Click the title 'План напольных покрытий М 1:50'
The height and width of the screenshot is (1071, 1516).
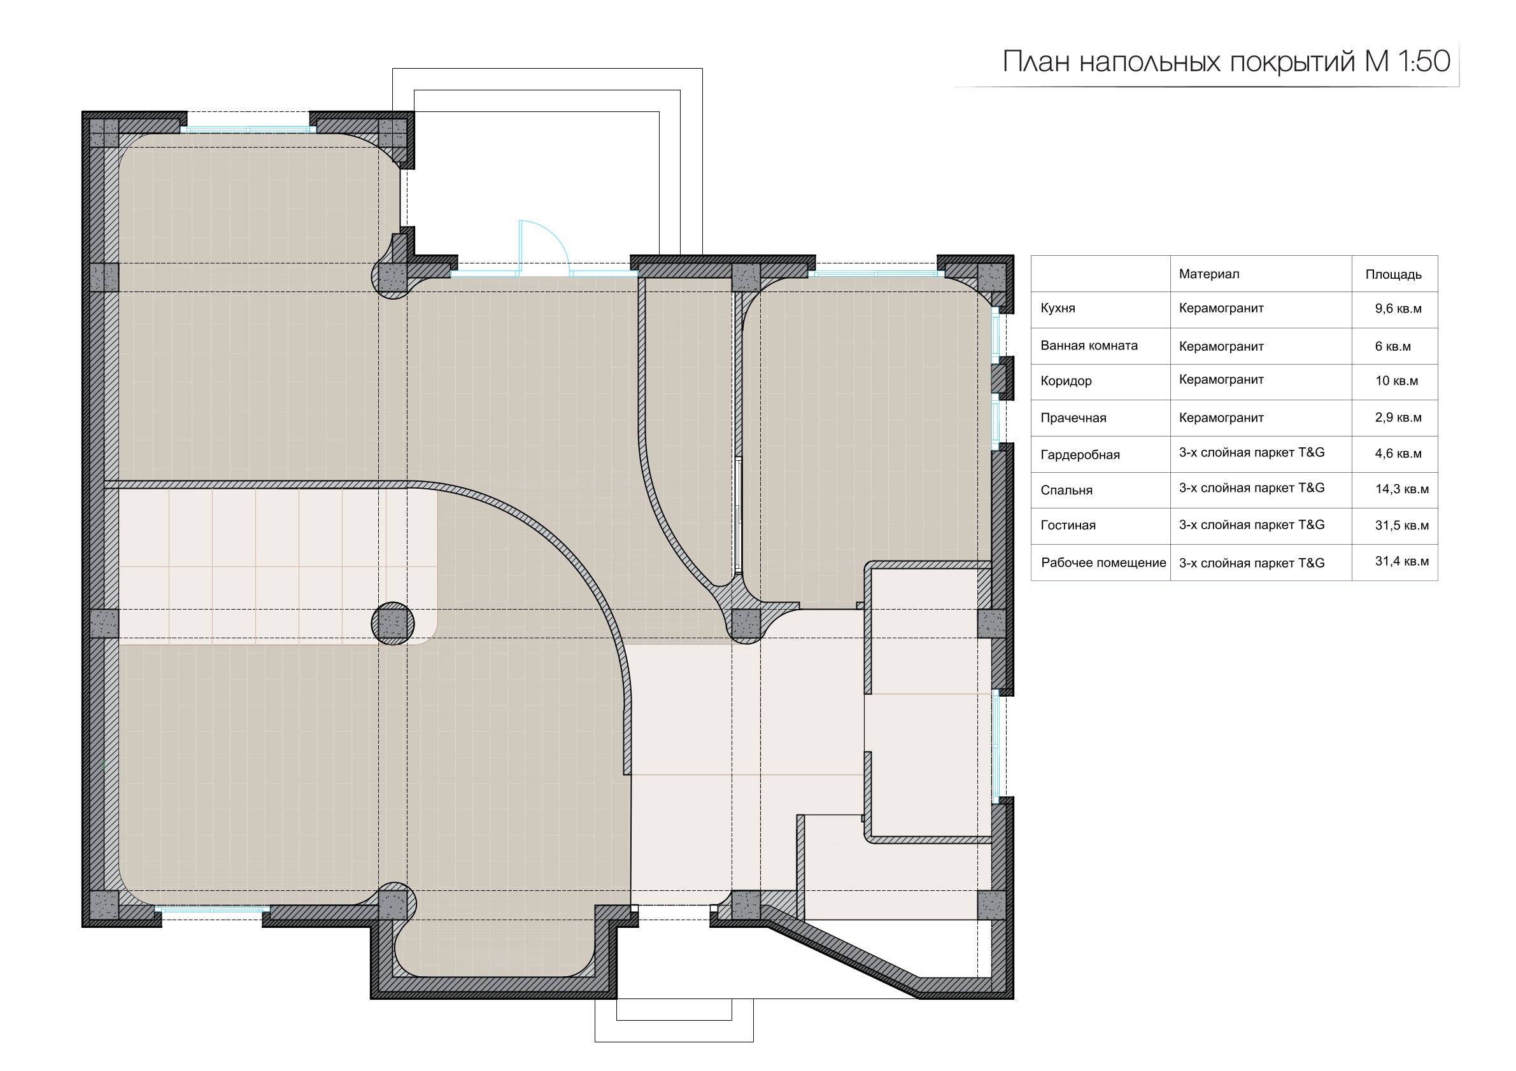click(1226, 62)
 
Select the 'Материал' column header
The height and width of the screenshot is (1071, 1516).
click(1209, 274)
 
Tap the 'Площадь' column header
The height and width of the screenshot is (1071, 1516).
click(1393, 274)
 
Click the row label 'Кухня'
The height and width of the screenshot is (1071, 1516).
click(1058, 309)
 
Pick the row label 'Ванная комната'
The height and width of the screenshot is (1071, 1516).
click(1089, 346)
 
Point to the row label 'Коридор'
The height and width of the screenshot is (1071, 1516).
click(1066, 381)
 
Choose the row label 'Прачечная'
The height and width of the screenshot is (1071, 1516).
click(1073, 418)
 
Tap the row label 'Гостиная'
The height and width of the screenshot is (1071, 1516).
click(1068, 526)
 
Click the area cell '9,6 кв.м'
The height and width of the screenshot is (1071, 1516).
click(1398, 309)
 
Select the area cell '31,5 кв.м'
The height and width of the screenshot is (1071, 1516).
click(1402, 526)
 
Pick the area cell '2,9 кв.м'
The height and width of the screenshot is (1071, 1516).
click(1398, 417)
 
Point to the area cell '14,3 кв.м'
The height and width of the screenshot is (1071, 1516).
click(1402, 489)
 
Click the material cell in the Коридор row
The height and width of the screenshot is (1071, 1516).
click(1221, 380)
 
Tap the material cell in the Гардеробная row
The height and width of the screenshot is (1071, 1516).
click(1252, 452)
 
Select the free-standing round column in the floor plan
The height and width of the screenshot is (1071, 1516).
click(393, 623)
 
